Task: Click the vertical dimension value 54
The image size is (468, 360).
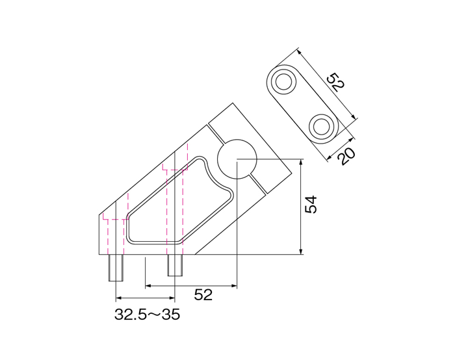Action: [311, 205]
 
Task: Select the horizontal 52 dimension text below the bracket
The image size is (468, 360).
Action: [203, 295]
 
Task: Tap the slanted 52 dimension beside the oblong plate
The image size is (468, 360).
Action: [336, 82]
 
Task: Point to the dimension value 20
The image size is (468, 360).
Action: [347, 156]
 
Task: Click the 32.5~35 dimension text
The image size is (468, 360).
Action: [147, 315]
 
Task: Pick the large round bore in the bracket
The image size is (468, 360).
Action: [237, 159]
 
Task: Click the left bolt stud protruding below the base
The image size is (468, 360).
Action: [116, 268]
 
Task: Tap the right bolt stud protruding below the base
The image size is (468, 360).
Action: [175, 265]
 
